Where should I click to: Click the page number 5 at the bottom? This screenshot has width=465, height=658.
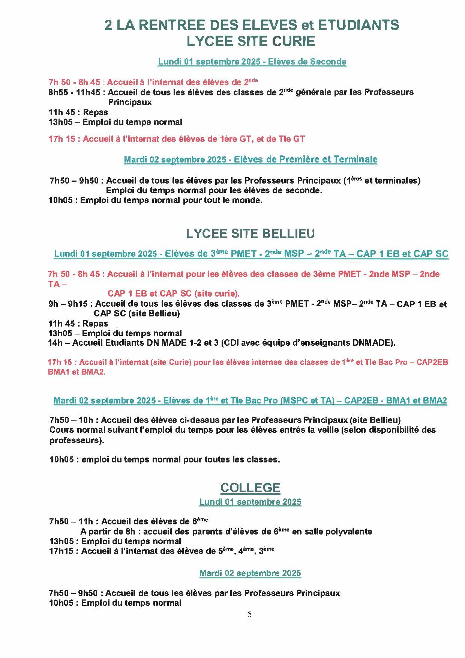point(250,614)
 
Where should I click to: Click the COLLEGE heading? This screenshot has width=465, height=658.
point(250,488)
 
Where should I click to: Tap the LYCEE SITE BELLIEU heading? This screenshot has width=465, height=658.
point(250,233)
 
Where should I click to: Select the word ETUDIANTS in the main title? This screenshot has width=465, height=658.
point(358,25)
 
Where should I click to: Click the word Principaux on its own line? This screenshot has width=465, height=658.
point(130,102)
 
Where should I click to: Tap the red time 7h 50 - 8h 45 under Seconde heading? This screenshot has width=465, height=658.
point(74,82)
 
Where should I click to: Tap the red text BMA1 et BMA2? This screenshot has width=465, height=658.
point(76,372)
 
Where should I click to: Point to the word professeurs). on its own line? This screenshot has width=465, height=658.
point(77,440)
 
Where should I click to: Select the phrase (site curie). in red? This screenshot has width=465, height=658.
point(217,294)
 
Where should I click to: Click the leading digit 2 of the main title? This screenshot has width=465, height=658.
point(108,25)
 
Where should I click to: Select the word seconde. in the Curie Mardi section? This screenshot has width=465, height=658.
point(303,190)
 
